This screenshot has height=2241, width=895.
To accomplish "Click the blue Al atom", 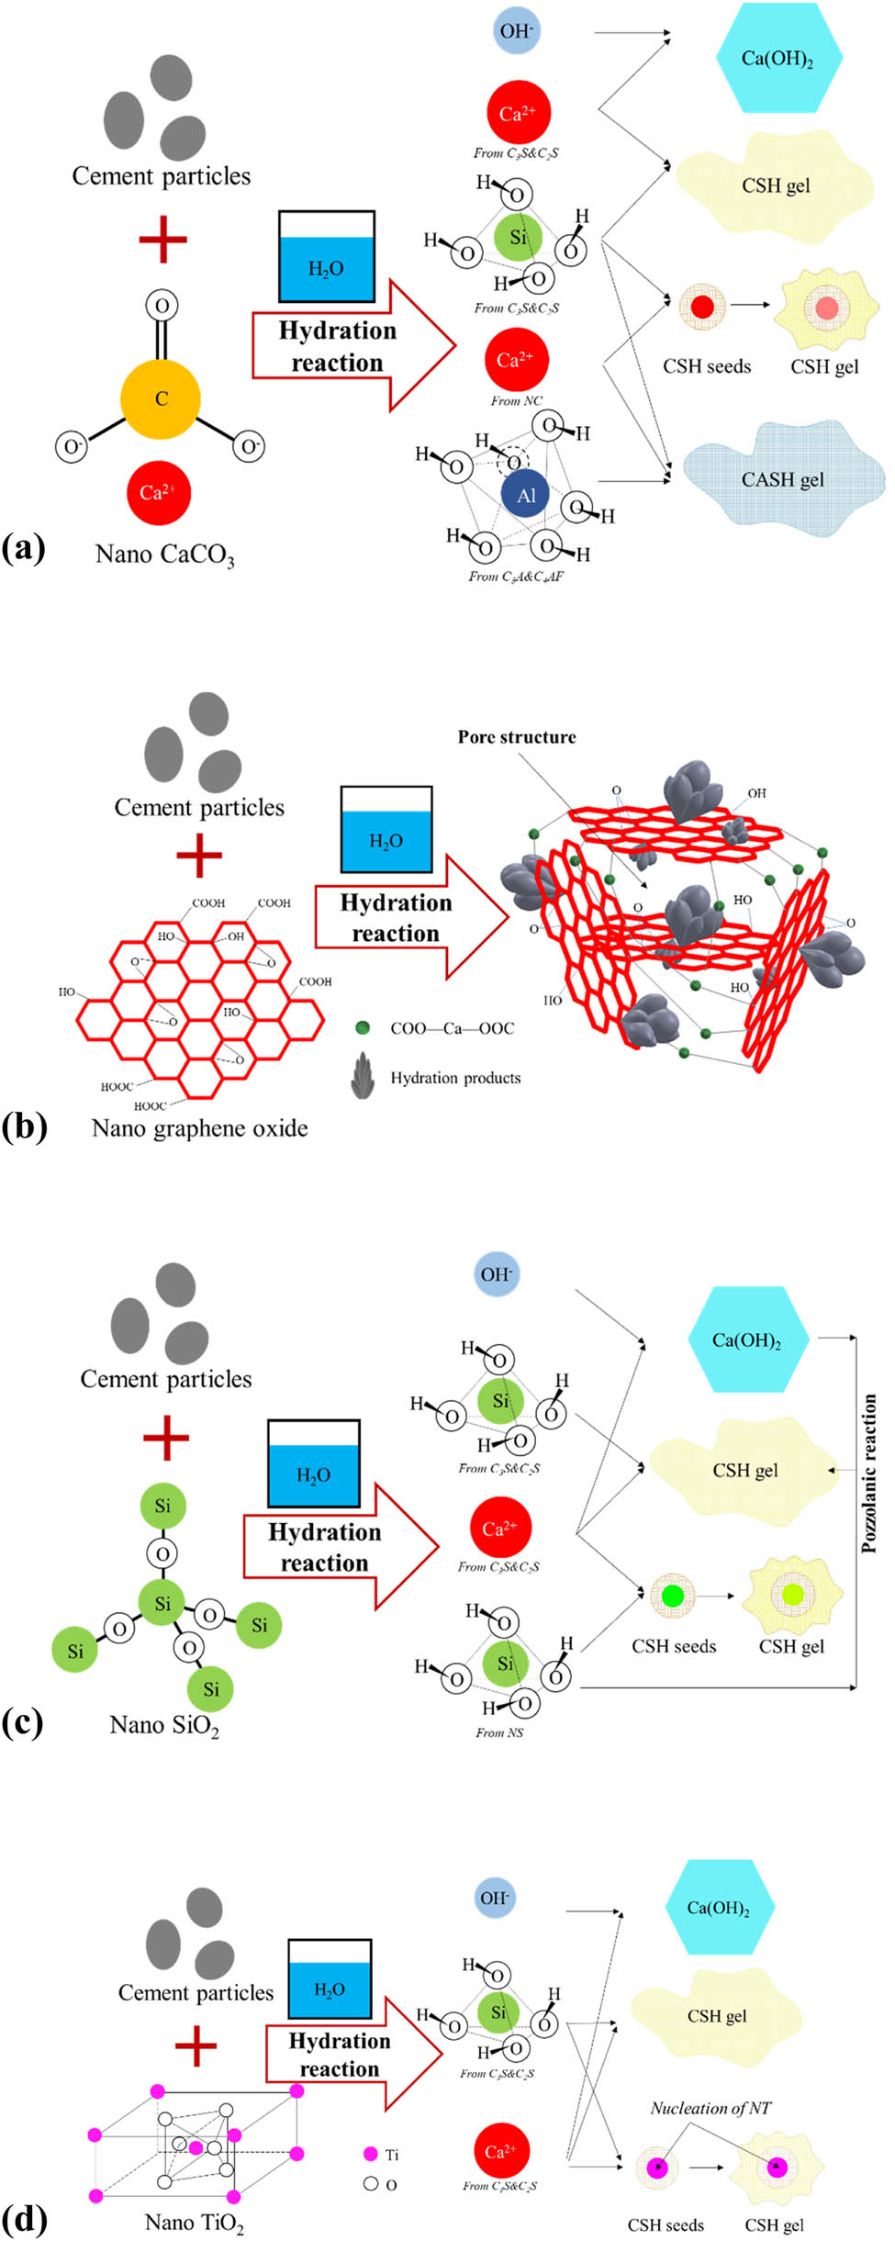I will (x=525, y=495).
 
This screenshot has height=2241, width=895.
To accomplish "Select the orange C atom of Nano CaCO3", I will (x=161, y=398).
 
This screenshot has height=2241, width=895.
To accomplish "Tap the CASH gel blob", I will (x=782, y=479).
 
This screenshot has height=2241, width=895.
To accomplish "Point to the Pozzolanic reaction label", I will (x=868, y=1473).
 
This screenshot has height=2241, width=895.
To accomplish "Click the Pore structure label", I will (x=517, y=737).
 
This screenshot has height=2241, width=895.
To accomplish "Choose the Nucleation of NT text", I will (x=710, y=2108).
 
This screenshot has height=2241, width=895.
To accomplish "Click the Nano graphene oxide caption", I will (x=199, y=1128).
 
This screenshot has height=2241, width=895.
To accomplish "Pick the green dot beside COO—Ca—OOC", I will (x=363, y=1027).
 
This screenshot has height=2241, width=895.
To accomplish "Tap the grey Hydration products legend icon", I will (x=363, y=1076).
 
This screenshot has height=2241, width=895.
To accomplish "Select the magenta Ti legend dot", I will (x=371, y=2154).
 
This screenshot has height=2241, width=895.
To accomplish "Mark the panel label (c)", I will (x=23, y=1722).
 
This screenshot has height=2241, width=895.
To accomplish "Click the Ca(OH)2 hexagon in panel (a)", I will (x=778, y=59).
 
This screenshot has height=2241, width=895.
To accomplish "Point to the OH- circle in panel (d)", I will (x=495, y=1898).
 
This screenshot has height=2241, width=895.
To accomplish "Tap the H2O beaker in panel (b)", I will (x=386, y=830).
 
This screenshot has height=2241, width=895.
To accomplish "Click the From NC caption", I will (x=516, y=401).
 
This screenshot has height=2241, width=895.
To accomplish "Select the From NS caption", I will (x=499, y=1732).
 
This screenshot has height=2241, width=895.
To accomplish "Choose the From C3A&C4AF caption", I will (x=516, y=577).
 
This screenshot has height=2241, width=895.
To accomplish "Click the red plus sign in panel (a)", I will (x=162, y=240).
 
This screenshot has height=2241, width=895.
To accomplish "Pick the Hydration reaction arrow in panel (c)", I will (x=340, y=1547).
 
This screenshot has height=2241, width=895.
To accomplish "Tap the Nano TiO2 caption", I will (x=195, y=2223).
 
